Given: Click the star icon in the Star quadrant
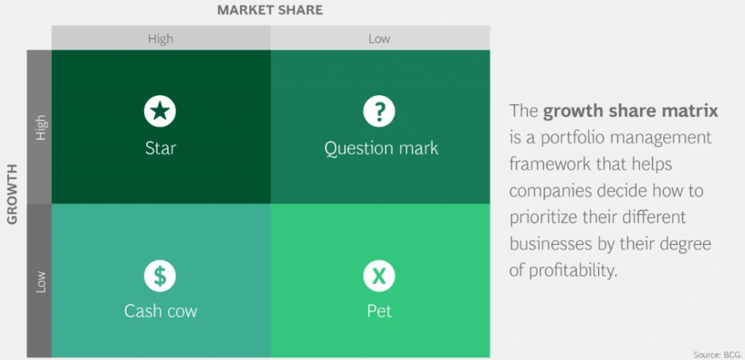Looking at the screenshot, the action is click(x=160, y=111).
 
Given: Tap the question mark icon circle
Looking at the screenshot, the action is click(x=379, y=111).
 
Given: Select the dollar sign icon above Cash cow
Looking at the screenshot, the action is click(x=160, y=276).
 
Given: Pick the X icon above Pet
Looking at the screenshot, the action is click(x=379, y=276).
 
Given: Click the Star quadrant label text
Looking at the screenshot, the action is click(x=161, y=148).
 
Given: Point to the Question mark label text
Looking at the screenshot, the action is click(x=381, y=148).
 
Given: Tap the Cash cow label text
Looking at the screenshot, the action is click(x=161, y=311).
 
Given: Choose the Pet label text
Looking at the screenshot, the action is click(x=379, y=311).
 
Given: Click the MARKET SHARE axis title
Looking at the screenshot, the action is click(x=270, y=10).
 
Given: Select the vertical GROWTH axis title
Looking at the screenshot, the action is click(x=12, y=193).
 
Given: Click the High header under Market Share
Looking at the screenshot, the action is click(x=161, y=39).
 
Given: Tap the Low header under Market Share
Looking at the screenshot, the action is click(x=379, y=39).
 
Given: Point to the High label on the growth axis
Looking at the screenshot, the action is click(x=41, y=127).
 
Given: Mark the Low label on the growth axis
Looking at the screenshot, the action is click(x=41, y=281).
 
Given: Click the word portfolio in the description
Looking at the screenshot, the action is click(x=568, y=138).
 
